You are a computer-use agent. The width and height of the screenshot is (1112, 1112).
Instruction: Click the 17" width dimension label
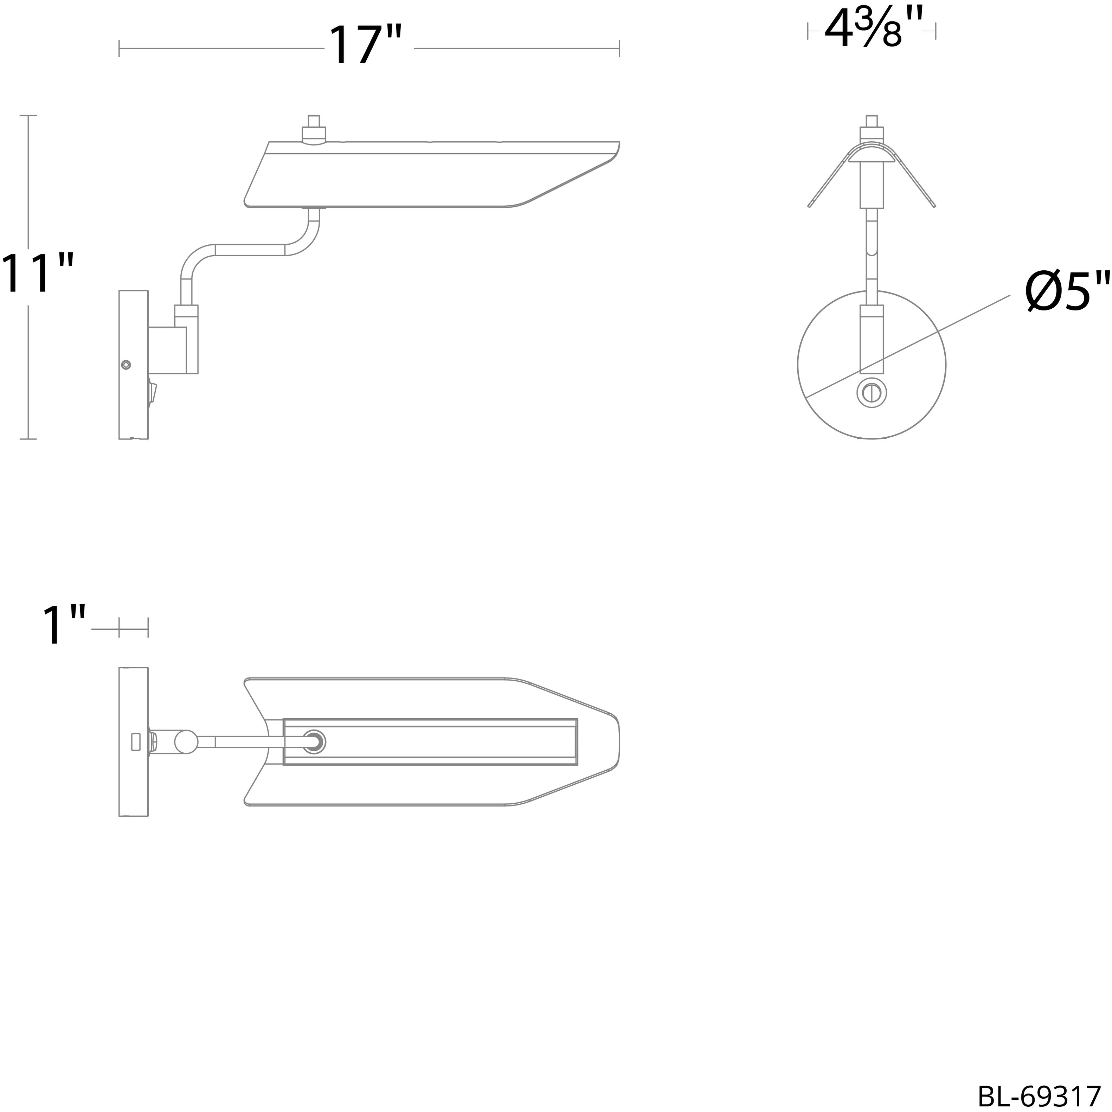pyautogui.click(x=364, y=46)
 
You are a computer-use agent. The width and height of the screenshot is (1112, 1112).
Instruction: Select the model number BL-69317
pyautogui.click(x=1039, y=1094)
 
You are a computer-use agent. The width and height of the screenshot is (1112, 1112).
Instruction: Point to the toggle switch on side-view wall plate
pyautogui.click(x=153, y=393)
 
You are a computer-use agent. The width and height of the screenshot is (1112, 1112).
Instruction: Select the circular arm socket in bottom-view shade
pyautogui.click(x=314, y=742)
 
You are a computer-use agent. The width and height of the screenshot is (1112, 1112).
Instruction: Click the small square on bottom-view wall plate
pyautogui.click(x=136, y=741)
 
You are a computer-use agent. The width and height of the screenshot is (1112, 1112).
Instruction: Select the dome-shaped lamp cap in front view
pyautogui.click(x=872, y=155)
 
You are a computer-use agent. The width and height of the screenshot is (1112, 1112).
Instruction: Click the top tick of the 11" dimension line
pyautogui.click(x=28, y=116)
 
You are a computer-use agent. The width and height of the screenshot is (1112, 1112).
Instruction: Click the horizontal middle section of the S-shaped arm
pyautogui.click(x=250, y=250)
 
